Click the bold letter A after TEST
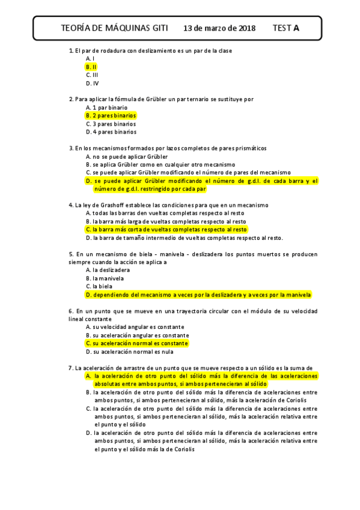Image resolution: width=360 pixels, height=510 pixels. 296,28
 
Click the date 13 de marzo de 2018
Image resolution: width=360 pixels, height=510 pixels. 219,28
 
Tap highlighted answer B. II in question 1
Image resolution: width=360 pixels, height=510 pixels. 91,67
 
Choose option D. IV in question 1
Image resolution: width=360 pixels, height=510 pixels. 92,83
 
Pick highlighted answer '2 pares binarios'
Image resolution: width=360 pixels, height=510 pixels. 111,115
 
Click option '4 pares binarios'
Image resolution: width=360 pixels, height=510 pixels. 111,132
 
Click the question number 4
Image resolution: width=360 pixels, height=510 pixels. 71,205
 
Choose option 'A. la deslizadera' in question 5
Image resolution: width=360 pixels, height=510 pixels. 108,270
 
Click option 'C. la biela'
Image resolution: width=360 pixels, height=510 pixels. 100,287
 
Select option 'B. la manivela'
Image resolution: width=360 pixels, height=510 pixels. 105,278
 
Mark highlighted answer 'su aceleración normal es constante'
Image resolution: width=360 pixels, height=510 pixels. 137,343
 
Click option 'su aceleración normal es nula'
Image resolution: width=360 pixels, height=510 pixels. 129,352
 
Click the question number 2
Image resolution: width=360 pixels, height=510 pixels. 71,99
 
